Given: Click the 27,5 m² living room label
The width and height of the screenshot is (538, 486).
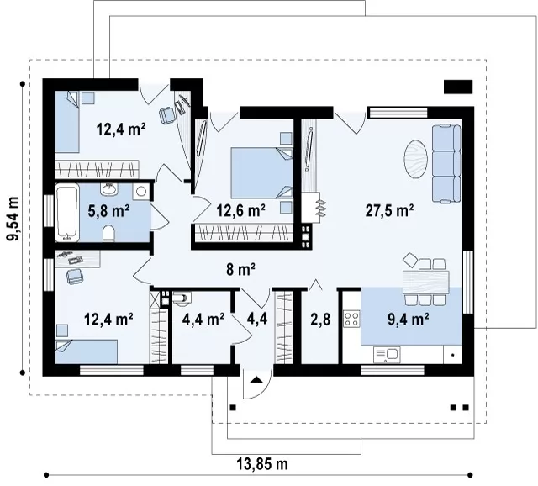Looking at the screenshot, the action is (389, 210).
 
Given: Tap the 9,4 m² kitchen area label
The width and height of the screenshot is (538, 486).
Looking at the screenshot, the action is (409, 320).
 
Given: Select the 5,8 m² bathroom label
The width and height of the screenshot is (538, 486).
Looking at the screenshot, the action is (108, 211).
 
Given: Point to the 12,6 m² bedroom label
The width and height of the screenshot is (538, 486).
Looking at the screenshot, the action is (241, 210).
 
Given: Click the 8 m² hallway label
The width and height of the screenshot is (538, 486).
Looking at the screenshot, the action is (240, 269).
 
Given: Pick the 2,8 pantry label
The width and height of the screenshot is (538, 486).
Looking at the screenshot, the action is (320, 320).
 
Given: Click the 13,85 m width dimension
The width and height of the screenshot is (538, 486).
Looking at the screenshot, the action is (262, 464).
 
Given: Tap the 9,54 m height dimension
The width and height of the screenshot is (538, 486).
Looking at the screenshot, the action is (13, 219).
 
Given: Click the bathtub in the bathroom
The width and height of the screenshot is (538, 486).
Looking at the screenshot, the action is (67, 213).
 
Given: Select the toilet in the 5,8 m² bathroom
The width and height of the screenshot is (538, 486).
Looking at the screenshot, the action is (108, 233).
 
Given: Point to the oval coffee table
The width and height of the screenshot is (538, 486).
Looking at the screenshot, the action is (416, 159).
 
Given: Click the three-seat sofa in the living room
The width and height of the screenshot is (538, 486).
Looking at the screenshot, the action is (446, 164).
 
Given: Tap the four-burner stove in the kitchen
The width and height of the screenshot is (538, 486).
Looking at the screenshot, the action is (352, 319).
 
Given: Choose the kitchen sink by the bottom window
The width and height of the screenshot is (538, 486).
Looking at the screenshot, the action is (387, 355).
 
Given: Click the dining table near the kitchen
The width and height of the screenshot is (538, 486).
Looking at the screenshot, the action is (426, 282).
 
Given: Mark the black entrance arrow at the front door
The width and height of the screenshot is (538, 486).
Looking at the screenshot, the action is (256, 380).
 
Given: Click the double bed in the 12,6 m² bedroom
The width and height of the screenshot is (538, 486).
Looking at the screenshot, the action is (262, 172).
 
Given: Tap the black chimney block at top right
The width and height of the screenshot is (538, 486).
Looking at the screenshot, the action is (458, 87).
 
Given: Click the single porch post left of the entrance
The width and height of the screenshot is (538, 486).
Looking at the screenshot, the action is (233, 408).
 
